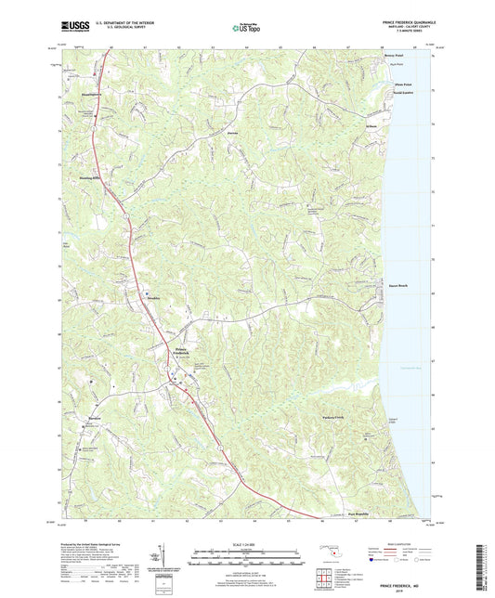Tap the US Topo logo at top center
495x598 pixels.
[x=246, y=28]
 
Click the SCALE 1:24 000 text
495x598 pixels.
[x=246, y=542]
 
